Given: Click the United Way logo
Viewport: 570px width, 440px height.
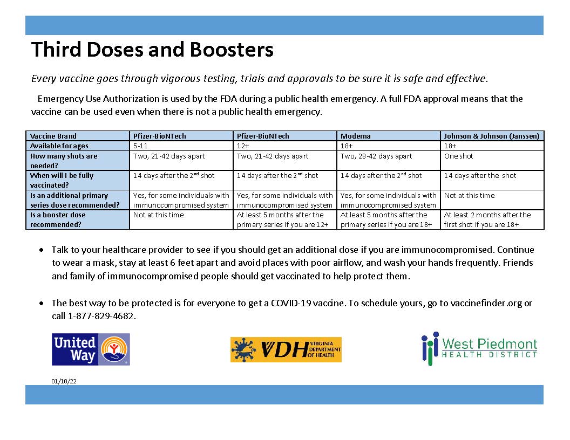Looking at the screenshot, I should [x=91, y=349].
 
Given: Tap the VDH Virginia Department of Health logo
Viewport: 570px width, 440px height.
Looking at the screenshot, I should [x=286, y=349].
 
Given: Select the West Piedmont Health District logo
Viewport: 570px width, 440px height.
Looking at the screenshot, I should [x=479, y=348].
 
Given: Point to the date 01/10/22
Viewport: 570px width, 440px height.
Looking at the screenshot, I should [x=64, y=381].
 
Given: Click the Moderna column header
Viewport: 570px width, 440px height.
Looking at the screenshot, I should [x=355, y=136].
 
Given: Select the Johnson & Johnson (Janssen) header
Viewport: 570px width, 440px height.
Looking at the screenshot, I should [x=491, y=136].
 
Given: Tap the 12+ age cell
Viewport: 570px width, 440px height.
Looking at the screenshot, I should [x=242, y=146].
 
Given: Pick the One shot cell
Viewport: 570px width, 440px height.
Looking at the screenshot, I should [x=458, y=156].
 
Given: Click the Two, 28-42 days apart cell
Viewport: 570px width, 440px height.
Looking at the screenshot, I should [x=376, y=156].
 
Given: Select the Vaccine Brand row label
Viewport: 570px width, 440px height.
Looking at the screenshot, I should [x=53, y=136].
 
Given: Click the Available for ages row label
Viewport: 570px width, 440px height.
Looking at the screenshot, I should [x=59, y=146].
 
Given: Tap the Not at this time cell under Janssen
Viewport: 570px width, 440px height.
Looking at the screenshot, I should [x=469, y=195].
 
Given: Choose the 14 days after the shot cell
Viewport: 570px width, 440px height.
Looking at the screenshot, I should [x=480, y=175].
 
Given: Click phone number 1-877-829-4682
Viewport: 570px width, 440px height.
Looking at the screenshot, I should [x=101, y=316].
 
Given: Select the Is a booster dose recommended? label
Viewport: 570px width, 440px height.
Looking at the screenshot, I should [x=58, y=219].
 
